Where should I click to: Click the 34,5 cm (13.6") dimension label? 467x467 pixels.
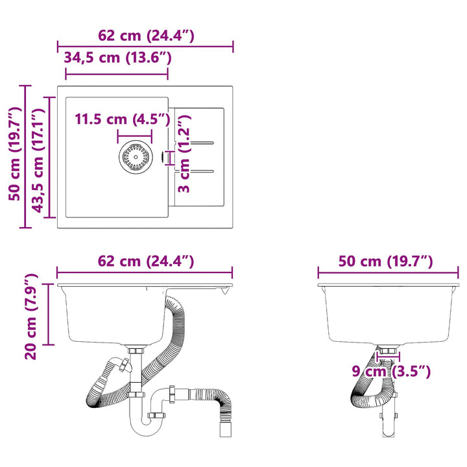point(117,58)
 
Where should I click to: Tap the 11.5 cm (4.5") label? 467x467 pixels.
point(123,119)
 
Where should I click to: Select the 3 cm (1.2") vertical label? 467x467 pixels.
point(184,154)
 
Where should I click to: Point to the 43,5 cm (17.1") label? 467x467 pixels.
point(38,161)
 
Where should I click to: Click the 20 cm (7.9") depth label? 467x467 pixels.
point(30,317)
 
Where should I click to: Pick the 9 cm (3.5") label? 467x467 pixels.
point(391,372)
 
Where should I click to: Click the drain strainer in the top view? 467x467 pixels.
point(136,157)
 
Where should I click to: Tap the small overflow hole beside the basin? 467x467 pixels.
point(162,157)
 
